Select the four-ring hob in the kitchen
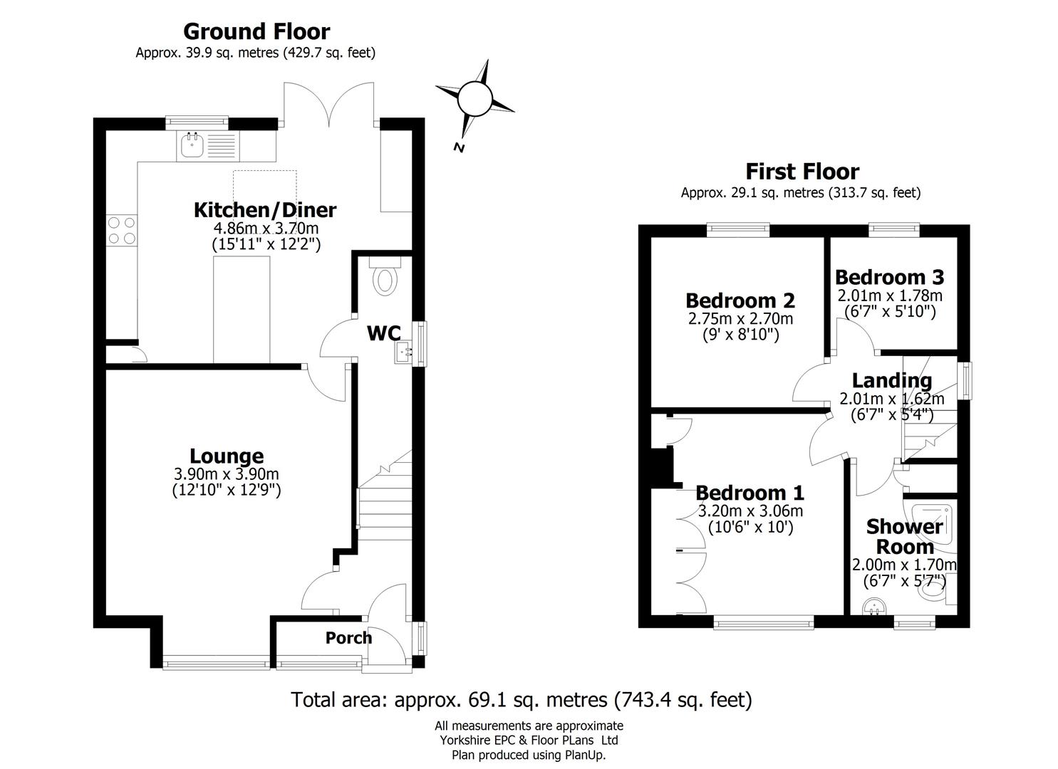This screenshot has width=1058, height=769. pos(121,231)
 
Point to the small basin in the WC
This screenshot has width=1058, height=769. pos(404,352)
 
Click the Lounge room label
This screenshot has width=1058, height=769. pos(227,456)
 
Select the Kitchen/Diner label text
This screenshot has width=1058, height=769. pos(265,210)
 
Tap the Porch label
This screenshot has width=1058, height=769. pos(348,638)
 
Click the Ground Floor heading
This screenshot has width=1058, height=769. pos(256,32)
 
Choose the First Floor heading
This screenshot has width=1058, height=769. pos(802,172)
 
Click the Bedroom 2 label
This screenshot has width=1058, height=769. pos(740,300)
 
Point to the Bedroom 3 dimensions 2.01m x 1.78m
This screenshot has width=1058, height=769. pos(889,295)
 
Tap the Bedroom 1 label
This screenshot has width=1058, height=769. pos(750,493)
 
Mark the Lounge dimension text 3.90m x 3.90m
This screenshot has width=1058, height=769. pos(227,474)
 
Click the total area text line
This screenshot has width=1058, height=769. pos(522,700)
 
